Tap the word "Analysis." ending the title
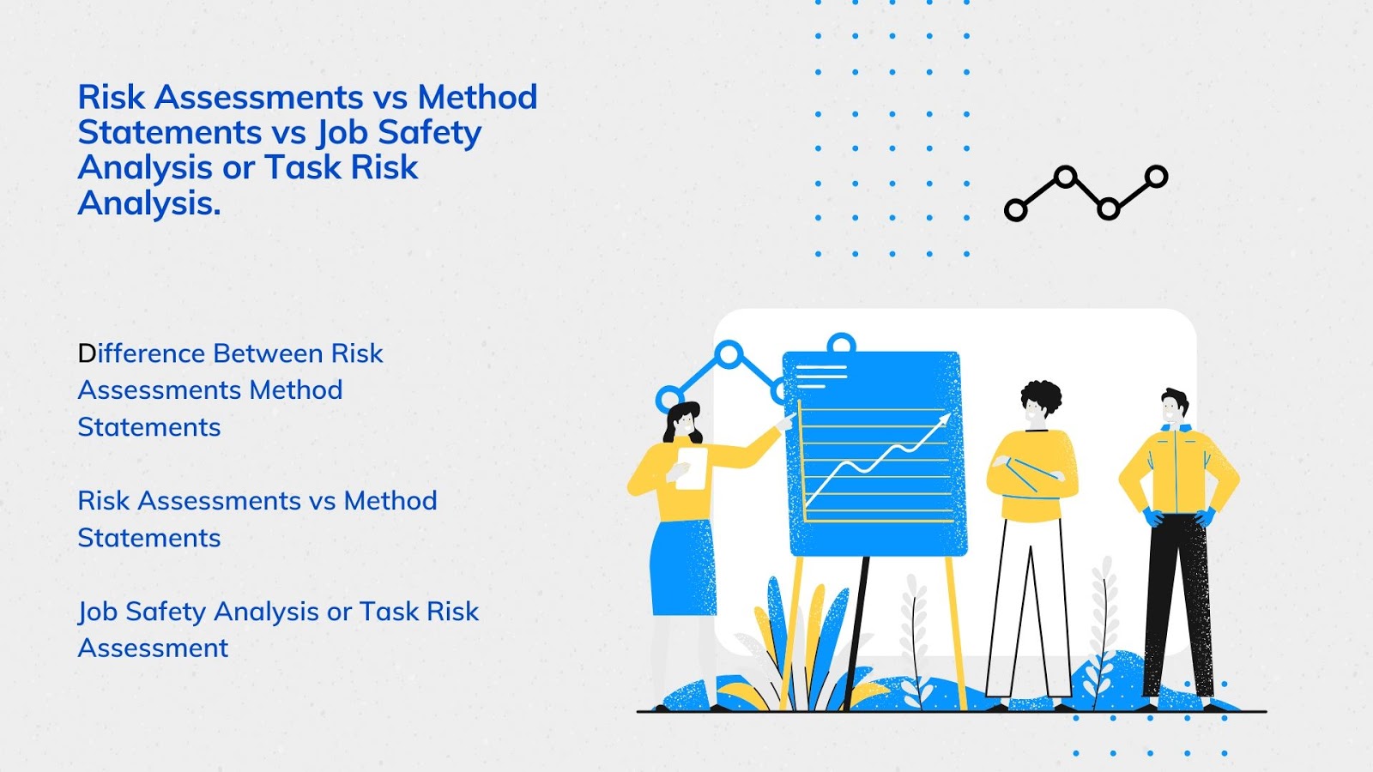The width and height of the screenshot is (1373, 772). [x=149, y=204]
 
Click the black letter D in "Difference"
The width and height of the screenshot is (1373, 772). [x=87, y=353]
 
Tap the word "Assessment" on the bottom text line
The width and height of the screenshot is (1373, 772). [x=153, y=648]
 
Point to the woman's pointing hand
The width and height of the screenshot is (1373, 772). [x=785, y=422]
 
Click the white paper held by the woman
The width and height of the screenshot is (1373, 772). [x=692, y=468]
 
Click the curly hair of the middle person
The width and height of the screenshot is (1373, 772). [x=1041, y=396]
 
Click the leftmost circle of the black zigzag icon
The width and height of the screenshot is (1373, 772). [x=1016, y=209]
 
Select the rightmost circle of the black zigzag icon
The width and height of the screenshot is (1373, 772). [x=1156, y=178]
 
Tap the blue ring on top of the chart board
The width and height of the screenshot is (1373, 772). [x=842, y=344]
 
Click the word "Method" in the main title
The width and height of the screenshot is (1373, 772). [x=477, y=98]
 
